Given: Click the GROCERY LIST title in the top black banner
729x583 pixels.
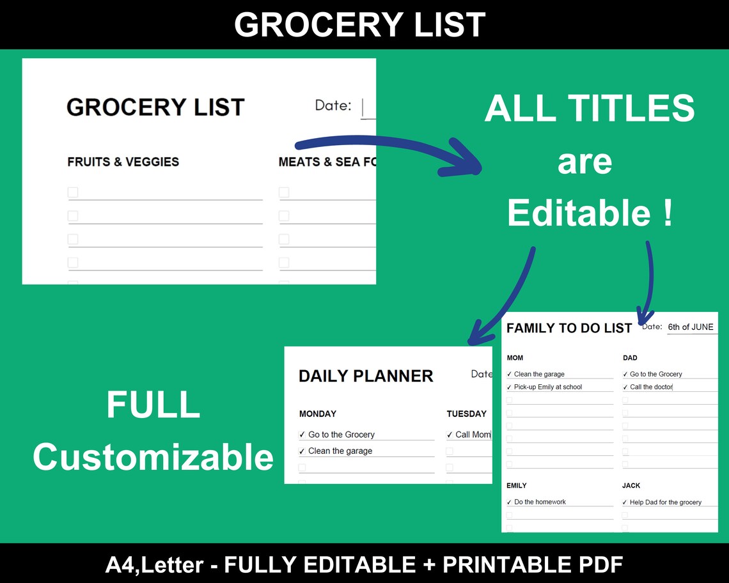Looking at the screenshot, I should point(359,25).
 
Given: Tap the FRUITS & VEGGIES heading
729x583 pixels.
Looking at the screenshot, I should point(123,162).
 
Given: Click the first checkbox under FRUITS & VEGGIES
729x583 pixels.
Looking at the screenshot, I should point(73,192).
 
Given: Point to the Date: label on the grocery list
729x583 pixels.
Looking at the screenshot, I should point(333,105).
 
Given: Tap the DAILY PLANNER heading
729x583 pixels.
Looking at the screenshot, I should point(366,376).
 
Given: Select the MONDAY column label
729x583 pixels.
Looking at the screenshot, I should point(318,414).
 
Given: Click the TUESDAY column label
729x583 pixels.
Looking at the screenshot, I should point(466,414).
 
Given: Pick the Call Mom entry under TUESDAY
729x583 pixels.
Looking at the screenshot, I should point(472,435).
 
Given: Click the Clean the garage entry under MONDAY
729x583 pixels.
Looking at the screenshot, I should point(340,451).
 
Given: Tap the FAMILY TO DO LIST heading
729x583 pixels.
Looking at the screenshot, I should point(569,328).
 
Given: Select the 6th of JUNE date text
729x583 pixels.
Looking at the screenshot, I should point(690,327).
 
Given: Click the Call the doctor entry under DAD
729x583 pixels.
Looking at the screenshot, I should point(651,387).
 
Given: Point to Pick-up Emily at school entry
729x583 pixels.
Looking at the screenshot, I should point(547,387).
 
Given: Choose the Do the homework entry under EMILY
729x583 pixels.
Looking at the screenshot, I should point(540,502).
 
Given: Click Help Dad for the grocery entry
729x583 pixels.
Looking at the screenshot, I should point(665,502).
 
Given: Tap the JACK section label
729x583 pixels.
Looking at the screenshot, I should point(631,486).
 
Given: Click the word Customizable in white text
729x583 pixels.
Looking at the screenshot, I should point(153,457).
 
